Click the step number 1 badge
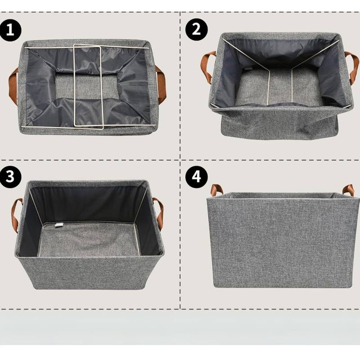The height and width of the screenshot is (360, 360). coord(10,30)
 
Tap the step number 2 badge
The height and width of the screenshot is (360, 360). coord(196,30)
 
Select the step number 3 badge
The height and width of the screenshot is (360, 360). coord(10,177)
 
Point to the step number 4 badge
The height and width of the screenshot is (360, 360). coord(196,177)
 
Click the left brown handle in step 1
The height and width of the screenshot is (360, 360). coord(13,85)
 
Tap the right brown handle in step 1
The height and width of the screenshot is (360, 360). coord(162,84)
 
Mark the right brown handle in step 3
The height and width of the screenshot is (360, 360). coord(159,213)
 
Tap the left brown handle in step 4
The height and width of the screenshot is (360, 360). coord(216,189)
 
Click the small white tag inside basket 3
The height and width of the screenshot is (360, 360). coord(58,225)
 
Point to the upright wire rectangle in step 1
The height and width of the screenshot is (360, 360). coord(88,86)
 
